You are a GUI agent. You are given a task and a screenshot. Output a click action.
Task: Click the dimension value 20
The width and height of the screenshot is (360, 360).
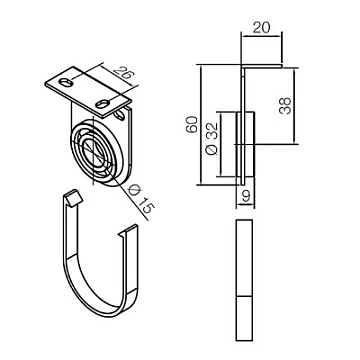261,28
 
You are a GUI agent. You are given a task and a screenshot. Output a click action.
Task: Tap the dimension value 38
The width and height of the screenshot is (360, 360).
285,106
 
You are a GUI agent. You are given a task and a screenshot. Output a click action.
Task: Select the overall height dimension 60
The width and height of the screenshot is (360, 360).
192,125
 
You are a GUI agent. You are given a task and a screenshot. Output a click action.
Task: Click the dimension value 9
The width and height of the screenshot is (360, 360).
246,197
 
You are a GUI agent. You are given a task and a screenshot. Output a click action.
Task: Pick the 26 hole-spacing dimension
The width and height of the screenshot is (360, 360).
122,75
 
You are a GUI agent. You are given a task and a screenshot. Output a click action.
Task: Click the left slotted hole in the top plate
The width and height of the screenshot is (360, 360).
66,82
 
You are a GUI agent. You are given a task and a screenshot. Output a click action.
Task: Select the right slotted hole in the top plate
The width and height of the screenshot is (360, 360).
103,104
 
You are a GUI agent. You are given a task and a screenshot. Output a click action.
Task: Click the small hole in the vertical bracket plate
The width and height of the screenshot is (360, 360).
119,115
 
